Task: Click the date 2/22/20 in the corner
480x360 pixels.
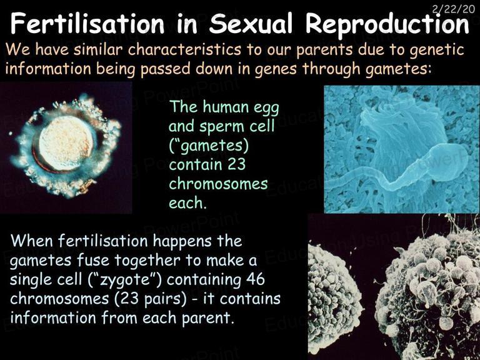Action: [454, 9]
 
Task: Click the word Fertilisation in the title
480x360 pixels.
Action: [87, 24]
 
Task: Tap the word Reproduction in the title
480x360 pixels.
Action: [387, 24]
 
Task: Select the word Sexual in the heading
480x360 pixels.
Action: [251, 24]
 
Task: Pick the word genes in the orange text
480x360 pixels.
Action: [276, 70]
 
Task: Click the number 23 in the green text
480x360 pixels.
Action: [237, 164]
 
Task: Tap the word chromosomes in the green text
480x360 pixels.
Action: [218, 184]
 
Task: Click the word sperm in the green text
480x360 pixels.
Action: [222, 127]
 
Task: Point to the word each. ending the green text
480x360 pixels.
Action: [187, 203]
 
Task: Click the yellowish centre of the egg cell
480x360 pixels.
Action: [66, 143]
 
